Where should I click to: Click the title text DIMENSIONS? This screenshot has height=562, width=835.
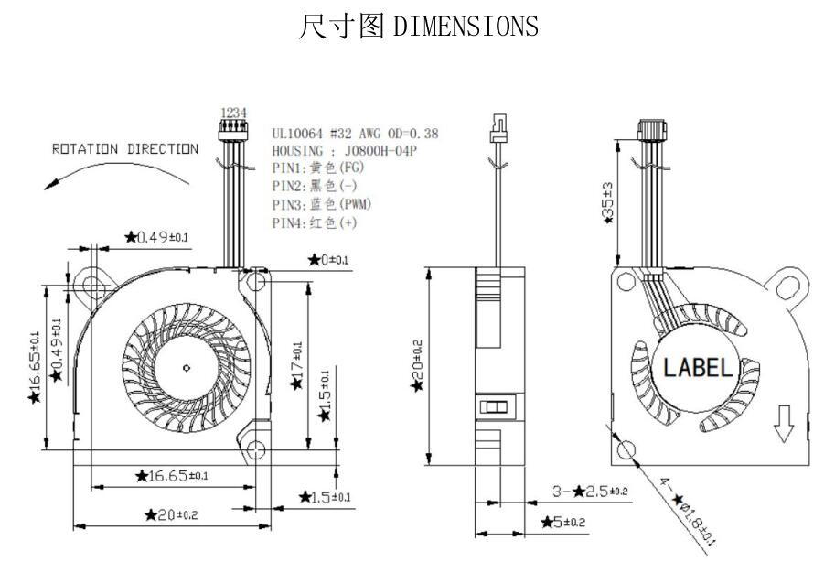[466, 27]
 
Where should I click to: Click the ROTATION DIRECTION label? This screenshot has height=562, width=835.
[125, 149]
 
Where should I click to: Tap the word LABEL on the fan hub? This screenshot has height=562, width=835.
[698, 368]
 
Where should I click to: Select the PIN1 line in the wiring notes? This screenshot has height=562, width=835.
[318, 168]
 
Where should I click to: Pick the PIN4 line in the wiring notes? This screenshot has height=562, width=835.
[315, 222]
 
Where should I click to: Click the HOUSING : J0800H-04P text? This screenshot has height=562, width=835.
[344, 151]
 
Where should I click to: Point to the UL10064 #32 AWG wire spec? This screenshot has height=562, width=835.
[355, 134]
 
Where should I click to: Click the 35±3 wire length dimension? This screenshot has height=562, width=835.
[607, 202]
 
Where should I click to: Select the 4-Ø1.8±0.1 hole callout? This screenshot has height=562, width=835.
[688, 510]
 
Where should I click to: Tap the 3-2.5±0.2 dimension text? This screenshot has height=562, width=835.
[590, 492]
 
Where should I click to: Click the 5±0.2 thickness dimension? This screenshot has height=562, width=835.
[562, 522]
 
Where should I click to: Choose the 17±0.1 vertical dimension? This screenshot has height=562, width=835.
[296, 366]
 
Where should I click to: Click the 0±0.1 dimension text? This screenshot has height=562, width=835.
[328, 260]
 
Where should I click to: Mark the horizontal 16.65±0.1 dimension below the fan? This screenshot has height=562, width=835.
[171, 476]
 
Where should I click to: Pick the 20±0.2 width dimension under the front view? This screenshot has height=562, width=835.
[171, 514]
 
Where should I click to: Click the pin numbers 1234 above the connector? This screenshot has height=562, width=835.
[233, 113]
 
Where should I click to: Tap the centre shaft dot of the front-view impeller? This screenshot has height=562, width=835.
[187, 367]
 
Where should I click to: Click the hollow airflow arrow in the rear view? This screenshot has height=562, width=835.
[784, 423]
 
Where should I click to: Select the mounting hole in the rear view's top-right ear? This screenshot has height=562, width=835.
[787, 288]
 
